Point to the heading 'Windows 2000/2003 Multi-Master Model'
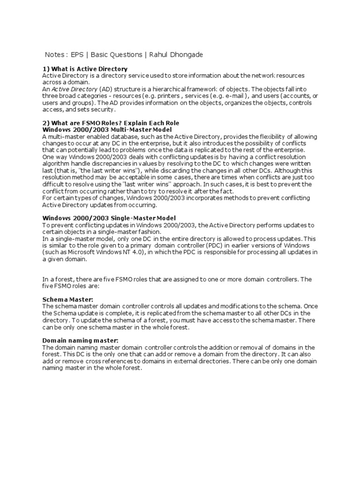pyautogui.click(x=107, y=129)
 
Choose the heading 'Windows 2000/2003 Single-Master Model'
pyautogui.click(x=109, y=218)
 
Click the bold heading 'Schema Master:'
pyautogui.click(x=68, y=299)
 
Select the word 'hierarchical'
pyautogui.click(x=172, y=89)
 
